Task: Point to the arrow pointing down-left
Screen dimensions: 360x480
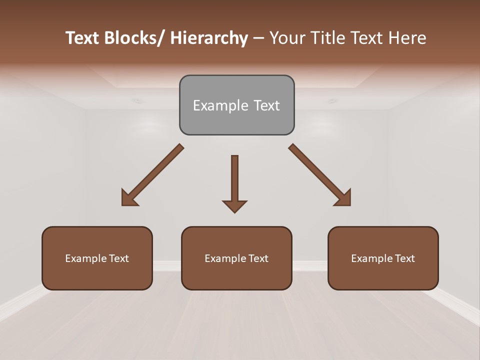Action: [x=152, y=175]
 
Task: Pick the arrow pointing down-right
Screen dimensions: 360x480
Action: [x=320, y=175]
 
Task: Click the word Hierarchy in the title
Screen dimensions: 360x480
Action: [x=209, y=38]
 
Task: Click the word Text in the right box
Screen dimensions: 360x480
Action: [x=404, y=258]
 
